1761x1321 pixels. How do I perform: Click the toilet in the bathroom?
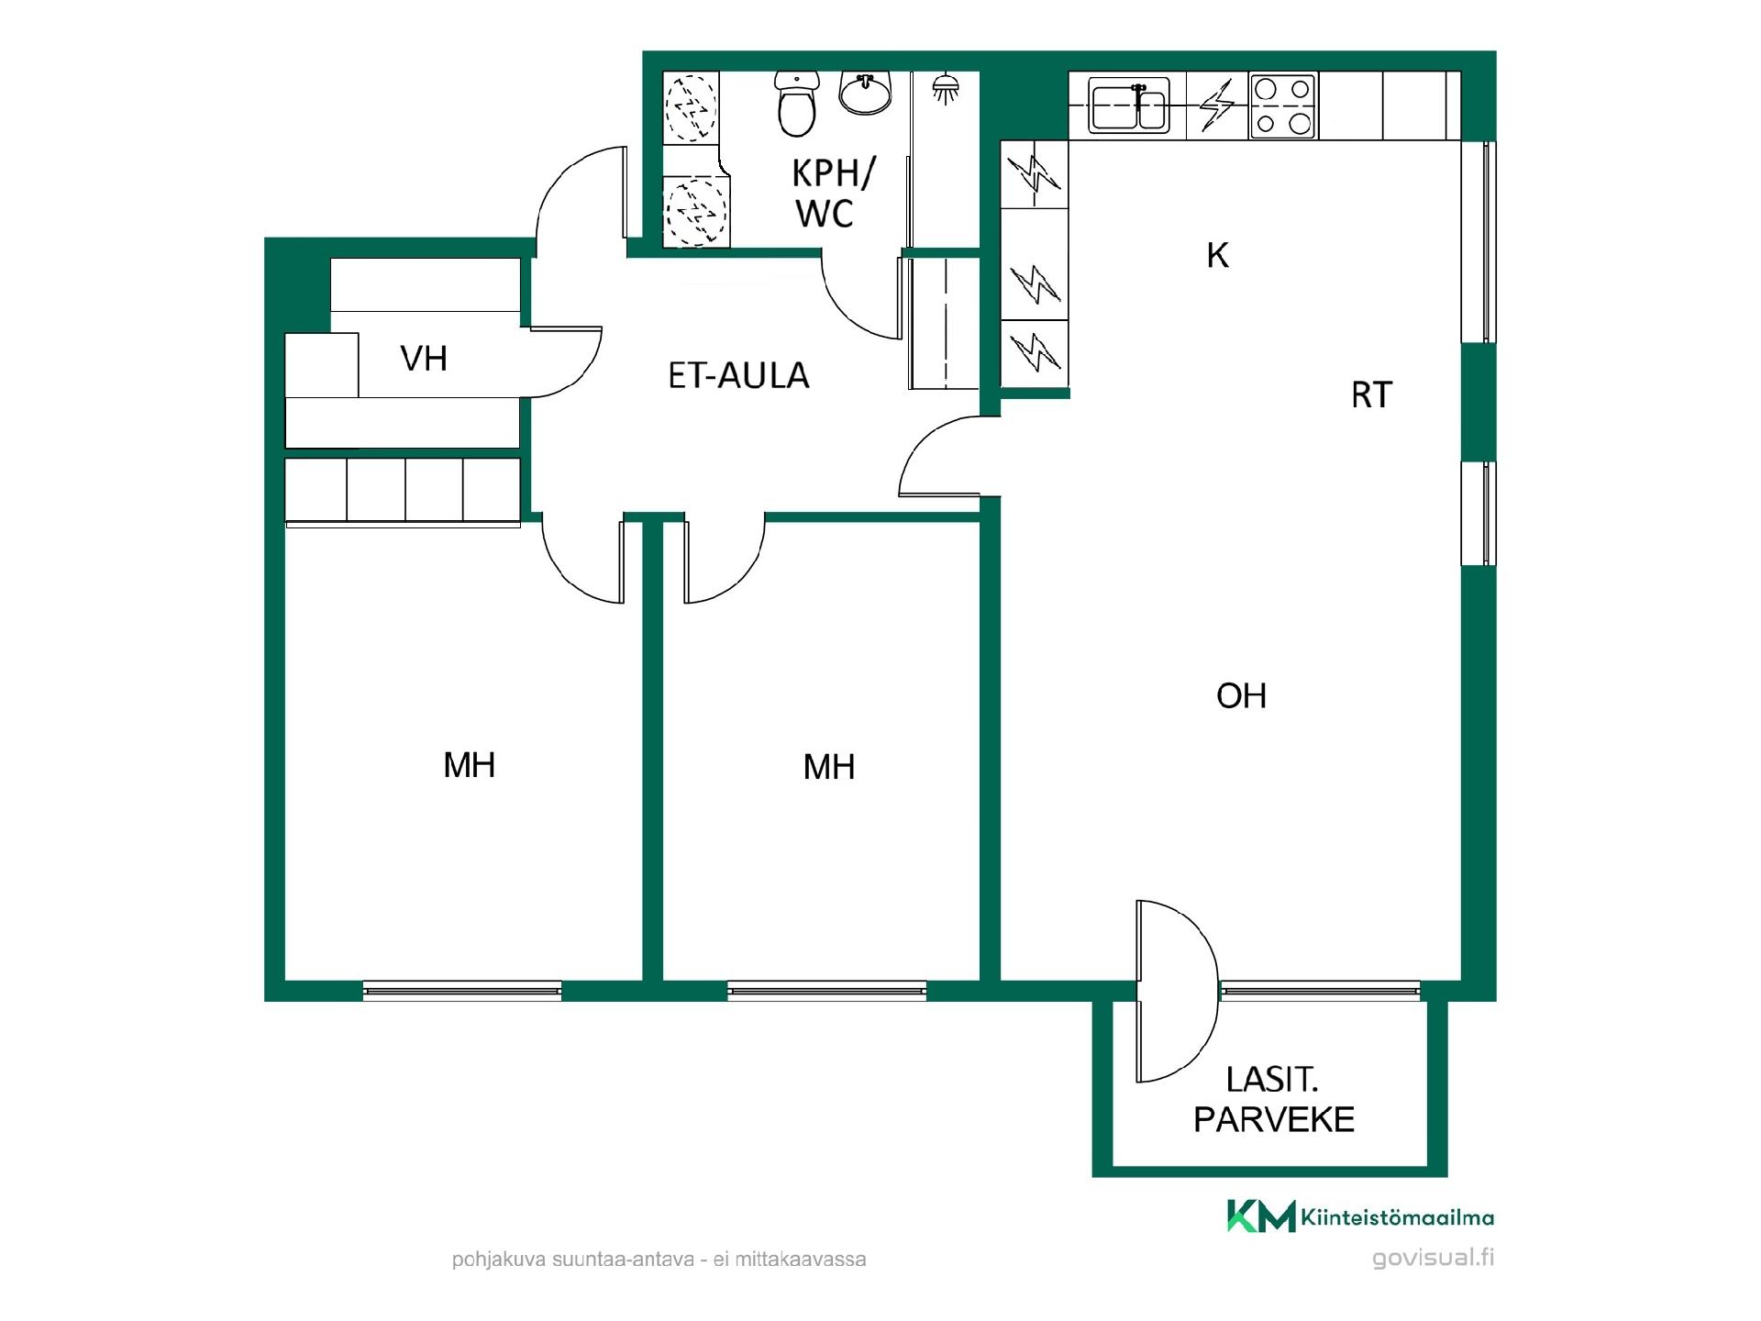[796, 105]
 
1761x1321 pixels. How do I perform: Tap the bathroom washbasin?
[865, 94]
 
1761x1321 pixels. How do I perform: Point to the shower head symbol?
[946, 88]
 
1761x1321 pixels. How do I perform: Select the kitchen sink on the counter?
[1129, 105]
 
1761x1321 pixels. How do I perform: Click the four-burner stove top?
[1283, 105]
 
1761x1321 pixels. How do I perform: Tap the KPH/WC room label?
[833, 193]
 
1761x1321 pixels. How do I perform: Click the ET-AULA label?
[738, 376]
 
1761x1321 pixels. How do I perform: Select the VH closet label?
[424, 359]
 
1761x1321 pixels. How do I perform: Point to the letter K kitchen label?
[1217, 256]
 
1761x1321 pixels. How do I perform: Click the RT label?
[1371, 395]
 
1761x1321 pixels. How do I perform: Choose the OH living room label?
[1241, 696]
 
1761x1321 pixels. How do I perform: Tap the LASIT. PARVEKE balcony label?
[1273, 1100]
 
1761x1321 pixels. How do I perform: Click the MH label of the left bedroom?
[469, 765]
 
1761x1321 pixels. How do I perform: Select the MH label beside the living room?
[829, 767]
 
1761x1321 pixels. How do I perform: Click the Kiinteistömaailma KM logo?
[1361, 1216]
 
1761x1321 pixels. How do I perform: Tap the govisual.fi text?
[1433, 1258]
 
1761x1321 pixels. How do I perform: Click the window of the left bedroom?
[462, 990]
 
